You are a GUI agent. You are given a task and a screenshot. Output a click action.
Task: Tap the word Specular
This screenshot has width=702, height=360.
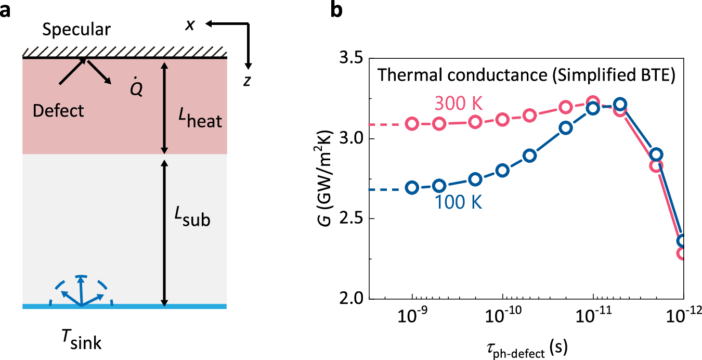[x=76, y=30]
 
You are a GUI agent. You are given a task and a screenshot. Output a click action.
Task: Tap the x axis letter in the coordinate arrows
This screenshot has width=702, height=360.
[x=191, y=24]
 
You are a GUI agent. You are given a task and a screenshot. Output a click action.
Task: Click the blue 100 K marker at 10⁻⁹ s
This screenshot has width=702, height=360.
[x=412, y=188]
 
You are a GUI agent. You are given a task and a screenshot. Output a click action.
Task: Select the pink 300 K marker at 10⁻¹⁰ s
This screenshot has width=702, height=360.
[x=503, y=120]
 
